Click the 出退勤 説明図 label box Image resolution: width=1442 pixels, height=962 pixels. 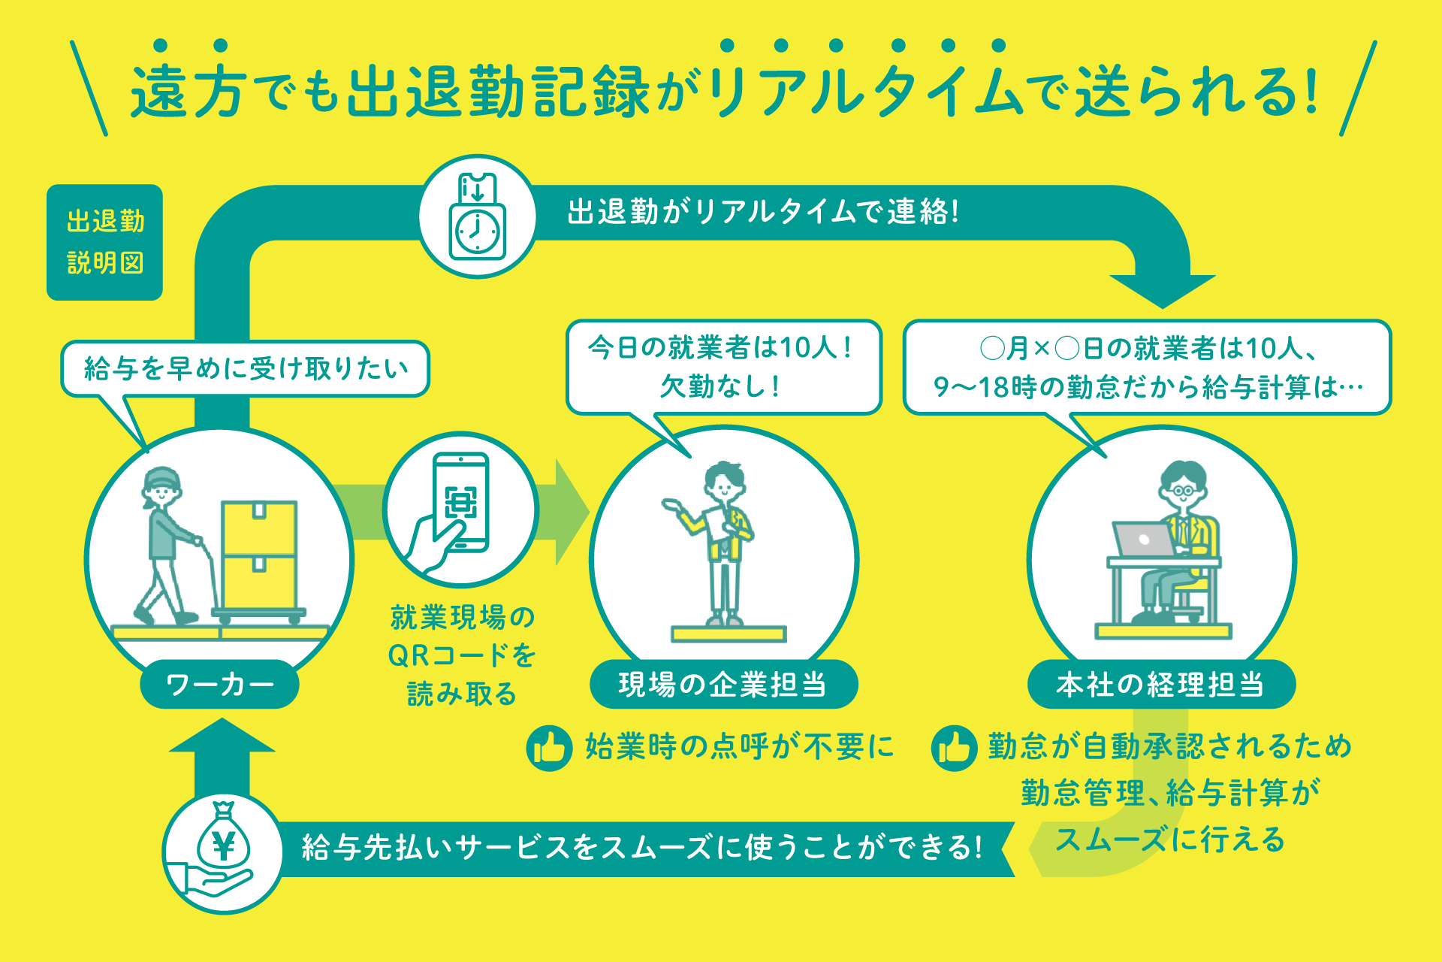coord(104,242)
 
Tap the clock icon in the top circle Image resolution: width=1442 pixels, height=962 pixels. coord(478,232)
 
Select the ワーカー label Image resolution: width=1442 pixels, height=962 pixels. coord(219,684)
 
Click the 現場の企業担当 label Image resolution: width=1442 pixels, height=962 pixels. coord(723,684)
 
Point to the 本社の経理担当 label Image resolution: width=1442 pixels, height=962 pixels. coord(1160,684)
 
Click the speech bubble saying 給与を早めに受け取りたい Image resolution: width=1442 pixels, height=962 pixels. coord(245,368)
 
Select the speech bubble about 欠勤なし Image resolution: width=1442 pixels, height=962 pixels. coord(723,367)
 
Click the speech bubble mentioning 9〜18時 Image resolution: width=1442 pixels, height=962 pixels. coord(1147,367)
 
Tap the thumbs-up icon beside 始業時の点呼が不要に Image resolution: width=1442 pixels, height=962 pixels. coord(549,748)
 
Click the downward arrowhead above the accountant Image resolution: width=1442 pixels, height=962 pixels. coord(1162,289)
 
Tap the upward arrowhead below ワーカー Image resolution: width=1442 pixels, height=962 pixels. coord(222,737)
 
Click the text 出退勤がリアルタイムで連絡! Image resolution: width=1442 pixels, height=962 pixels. coord(762,212)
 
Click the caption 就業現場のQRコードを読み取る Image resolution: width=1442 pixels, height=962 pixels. coord(462,655)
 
